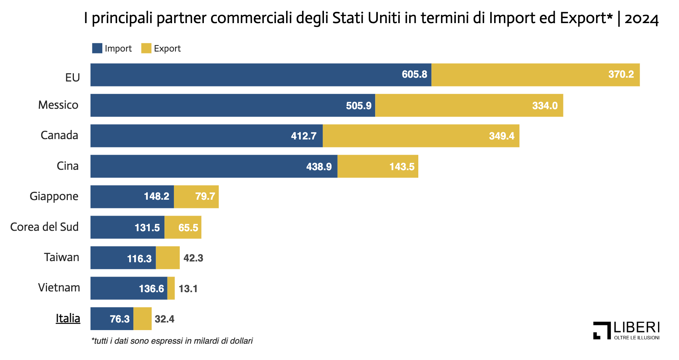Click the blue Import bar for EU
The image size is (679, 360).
click(x=246, y=75)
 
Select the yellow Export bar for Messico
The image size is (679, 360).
click(x=455, y=105)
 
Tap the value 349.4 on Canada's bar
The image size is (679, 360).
click(x=501, y=136)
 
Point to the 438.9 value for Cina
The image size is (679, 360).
click(x=319, y=167)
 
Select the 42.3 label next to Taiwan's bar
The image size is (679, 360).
click(x=193, y=258)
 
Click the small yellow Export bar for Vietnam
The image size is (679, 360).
click(x=171, y=288)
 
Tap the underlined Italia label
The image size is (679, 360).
click(x=68, y=318)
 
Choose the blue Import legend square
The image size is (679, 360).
click(x=97, y=48)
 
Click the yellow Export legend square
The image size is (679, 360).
click(x=146, y=48)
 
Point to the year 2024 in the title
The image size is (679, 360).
click(x=641, y=18)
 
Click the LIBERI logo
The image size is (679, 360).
click(x=626, y=330)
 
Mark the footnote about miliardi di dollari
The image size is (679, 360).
click(x=172, y=341)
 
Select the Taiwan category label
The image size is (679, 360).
click(x=61, y=257)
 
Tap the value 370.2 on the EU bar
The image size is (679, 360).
click(x=621, y=74)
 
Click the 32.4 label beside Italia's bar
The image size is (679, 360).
click(x=164, y=319)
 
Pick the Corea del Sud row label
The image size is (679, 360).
click(x=44, y=227)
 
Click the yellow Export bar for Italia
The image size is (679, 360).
click(x=142, y=319)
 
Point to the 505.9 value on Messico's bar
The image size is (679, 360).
click(x=358, y=106)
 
